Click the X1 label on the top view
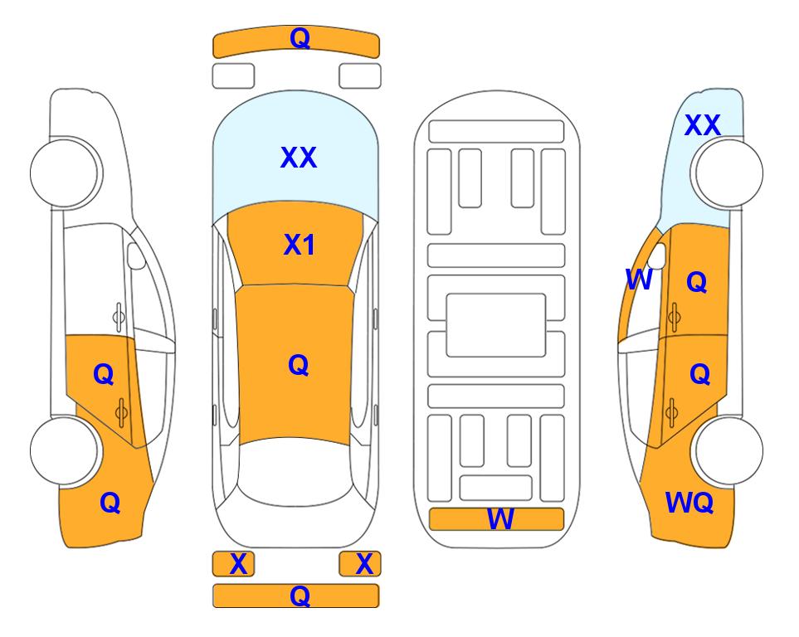coord(300,245)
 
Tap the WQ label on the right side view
coord(689,503)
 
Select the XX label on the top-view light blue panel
coord(299,157)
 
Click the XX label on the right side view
coord(702,125)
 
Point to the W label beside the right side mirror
coord(639,280)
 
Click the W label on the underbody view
coord(500,518)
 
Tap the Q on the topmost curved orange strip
coord(300,37)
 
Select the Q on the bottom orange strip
coord(300,596)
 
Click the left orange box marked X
coord(233,564)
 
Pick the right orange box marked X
coord(360,564)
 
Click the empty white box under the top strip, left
coord(233,76)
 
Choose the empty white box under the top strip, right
coord(360,76)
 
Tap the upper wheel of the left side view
coord(65,173)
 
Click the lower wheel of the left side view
coord(65,450)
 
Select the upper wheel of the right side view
coord(728,173)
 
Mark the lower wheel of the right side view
coord(728,450)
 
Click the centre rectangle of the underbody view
coord(496,325)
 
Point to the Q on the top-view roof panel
coord(299,365)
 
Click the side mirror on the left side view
coord(135,255)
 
